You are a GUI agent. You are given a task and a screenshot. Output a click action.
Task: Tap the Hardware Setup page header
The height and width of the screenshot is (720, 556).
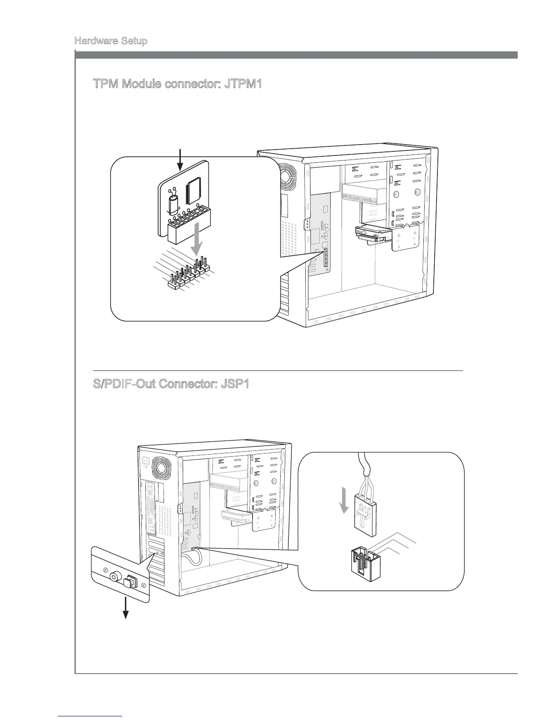click(x=111, y=41)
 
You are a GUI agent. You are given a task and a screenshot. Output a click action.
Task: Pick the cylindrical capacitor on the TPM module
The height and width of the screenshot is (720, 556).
click(x=174, y=205)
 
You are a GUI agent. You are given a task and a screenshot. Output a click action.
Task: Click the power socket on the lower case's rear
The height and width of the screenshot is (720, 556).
click(x=146, y=461)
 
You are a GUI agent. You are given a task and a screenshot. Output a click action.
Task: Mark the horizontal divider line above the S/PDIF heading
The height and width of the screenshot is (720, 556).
click(x=278, y=371)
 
